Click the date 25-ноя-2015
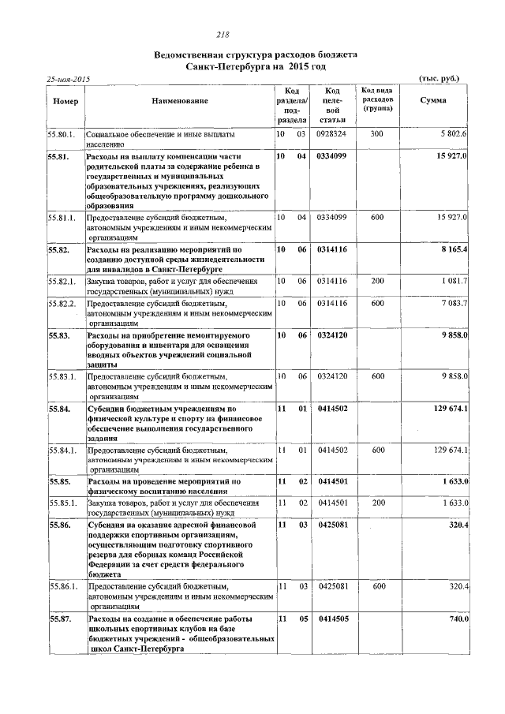click(x=69, y=80)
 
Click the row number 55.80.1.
click(x=61, y=135)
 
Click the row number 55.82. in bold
click(x=58, y=249)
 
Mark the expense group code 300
click(x=377, y=135)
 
